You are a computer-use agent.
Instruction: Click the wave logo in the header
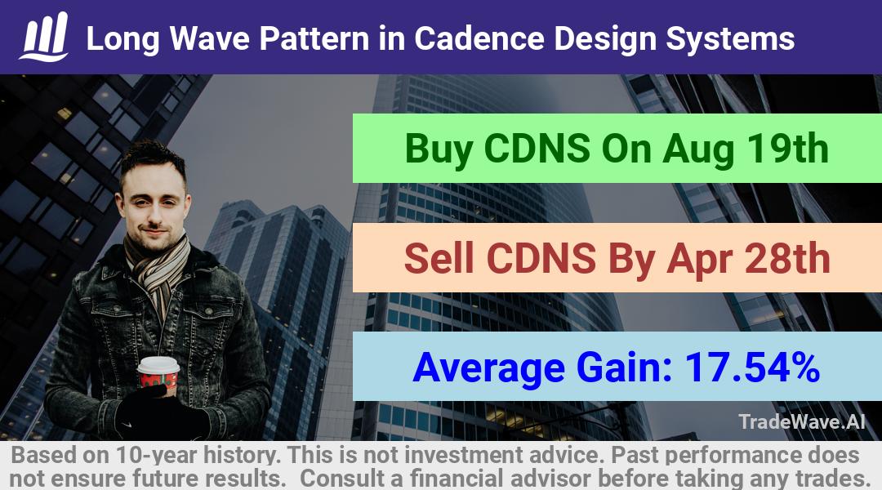click(44, 37)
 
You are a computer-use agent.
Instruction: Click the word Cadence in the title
click(479, 39)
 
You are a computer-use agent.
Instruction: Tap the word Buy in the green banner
click(439, 149)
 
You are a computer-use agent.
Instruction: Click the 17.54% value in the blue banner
click(751, 367)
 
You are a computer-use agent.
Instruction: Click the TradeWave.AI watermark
click(802, 421)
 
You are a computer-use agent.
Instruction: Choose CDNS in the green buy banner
click(537, 149)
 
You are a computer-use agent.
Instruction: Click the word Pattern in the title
click(314, 39)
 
